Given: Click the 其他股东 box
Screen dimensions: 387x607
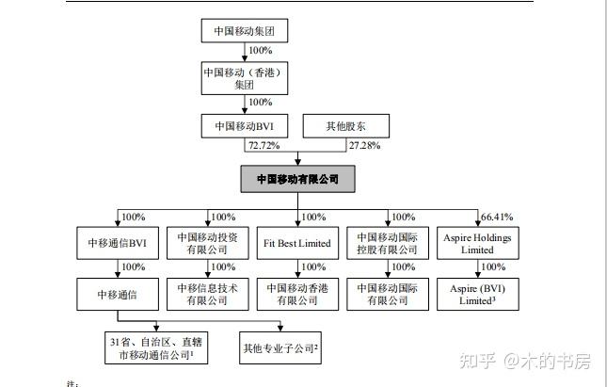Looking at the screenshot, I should (345, 125).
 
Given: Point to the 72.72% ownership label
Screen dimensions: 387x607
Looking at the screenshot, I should (264, 146).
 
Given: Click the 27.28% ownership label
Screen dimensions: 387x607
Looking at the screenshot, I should (365, 146).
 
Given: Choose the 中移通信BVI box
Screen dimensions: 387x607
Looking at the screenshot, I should (117, 245).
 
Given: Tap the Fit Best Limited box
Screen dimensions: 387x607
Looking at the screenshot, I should (297, 245).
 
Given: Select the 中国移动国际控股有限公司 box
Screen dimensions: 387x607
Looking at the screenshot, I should (387, 245).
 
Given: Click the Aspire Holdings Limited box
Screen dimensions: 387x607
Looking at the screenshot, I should (477, 245).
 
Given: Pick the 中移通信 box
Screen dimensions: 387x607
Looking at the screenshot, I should (117, 295).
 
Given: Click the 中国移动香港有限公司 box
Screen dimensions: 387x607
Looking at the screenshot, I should (297, 295).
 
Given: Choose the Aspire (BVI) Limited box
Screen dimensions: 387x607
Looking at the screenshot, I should (477, 295).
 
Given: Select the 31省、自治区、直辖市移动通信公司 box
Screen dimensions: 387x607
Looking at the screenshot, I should (158, 348).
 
